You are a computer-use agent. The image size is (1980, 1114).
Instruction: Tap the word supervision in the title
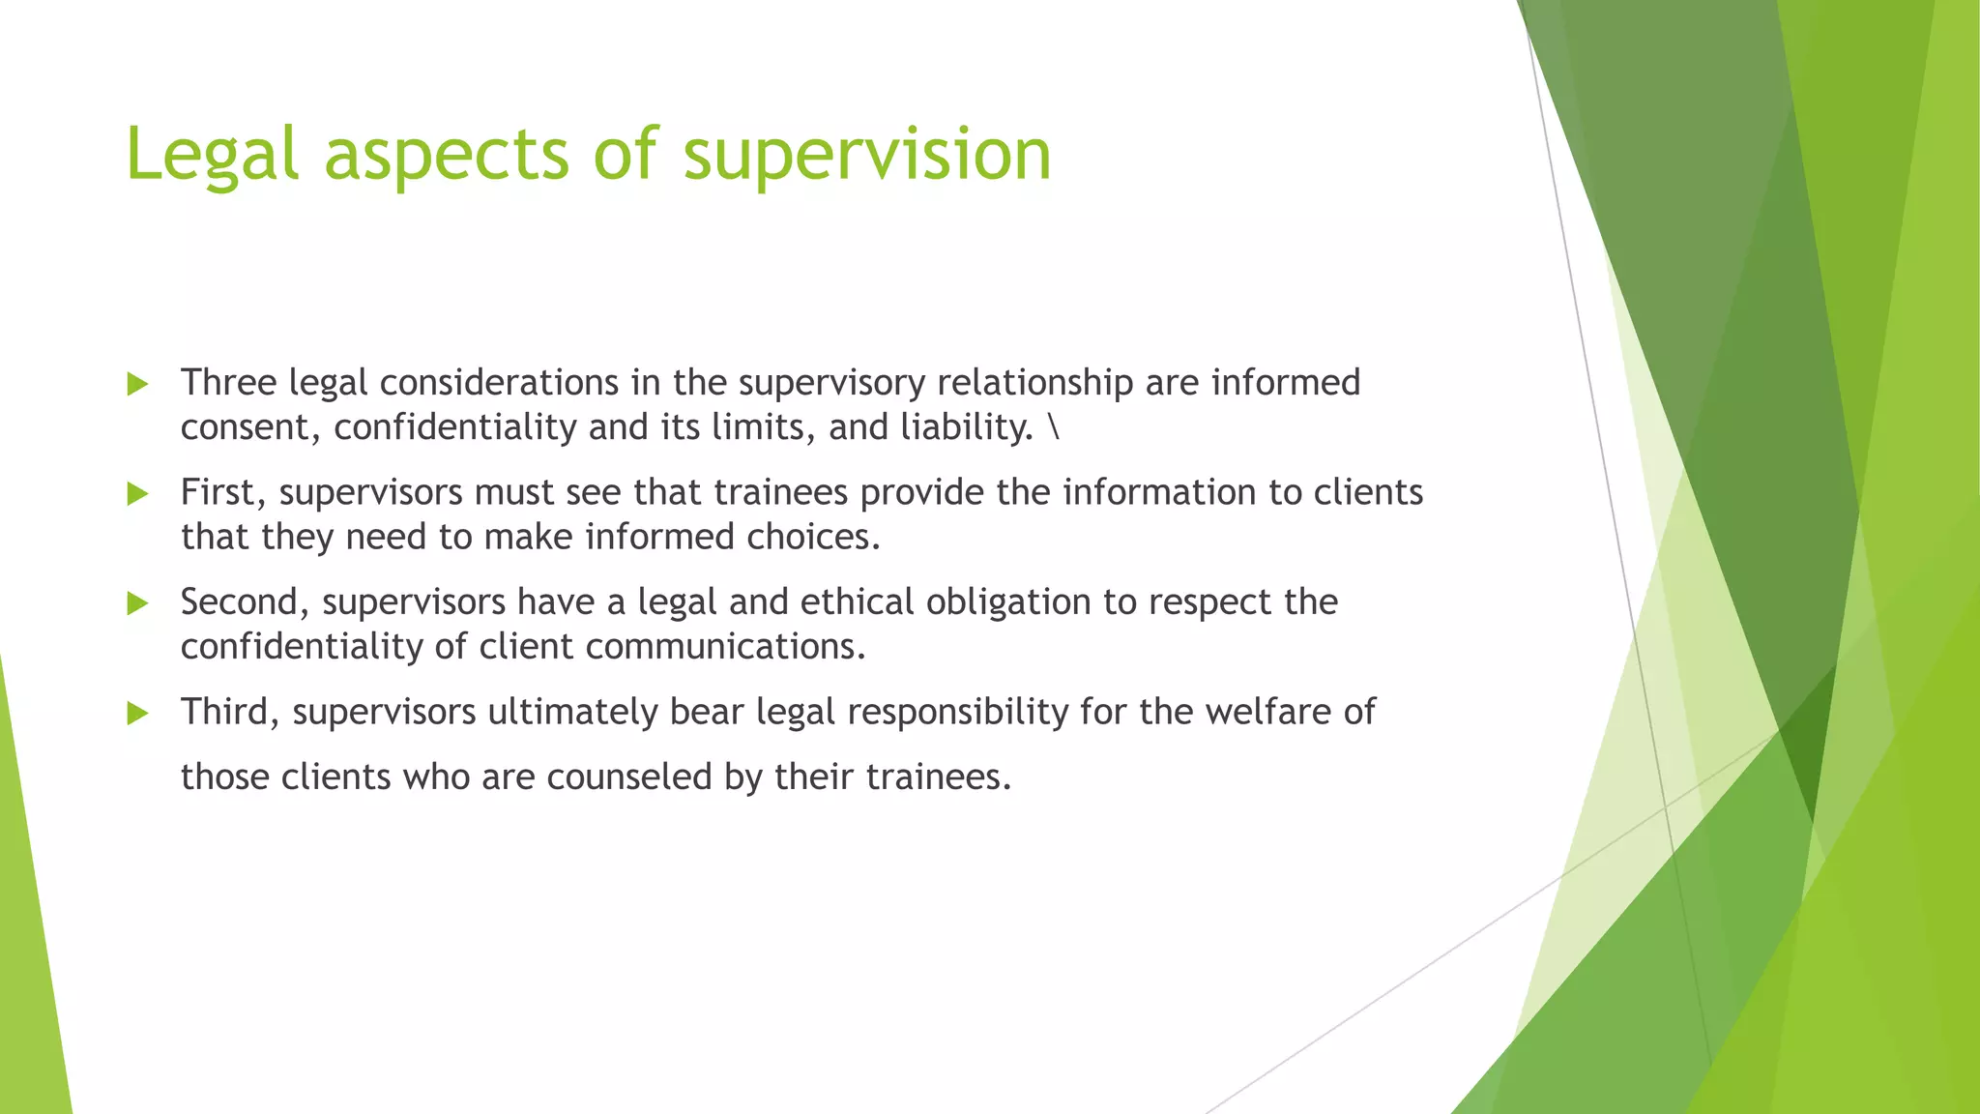pos(867,155)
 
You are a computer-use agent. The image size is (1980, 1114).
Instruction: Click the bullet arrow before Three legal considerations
pos(138,385)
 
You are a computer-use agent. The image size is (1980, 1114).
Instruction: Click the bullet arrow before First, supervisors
pos(138,494)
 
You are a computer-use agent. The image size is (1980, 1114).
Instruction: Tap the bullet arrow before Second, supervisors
pos(138,604)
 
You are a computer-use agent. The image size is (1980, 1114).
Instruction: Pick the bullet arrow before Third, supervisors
pos(138,715)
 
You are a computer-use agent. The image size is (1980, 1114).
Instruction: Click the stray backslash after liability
pos(1053,427)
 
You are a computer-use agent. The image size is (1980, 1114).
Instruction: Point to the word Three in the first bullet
pos(229,383)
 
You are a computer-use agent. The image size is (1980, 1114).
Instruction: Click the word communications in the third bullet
pos(725,647)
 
